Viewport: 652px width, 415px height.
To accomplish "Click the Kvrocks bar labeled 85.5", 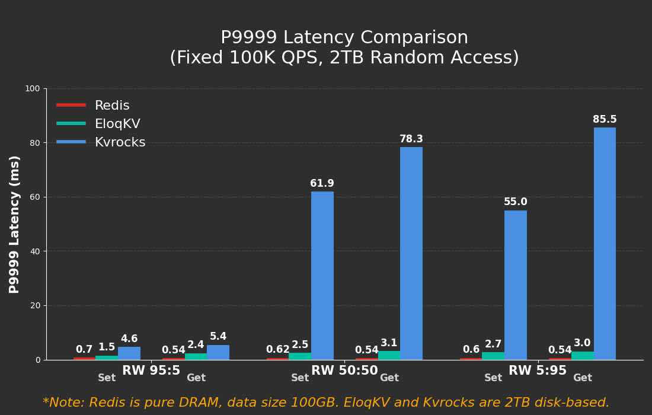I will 605,243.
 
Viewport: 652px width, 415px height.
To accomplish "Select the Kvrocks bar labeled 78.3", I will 411,253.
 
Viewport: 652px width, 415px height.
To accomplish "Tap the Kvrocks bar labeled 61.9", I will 322,276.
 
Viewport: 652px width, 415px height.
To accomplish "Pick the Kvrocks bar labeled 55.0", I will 516,285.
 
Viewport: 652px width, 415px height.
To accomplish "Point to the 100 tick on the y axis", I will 33,89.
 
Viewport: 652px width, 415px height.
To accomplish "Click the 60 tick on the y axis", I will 35,197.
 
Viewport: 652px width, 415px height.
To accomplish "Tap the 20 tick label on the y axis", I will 35,306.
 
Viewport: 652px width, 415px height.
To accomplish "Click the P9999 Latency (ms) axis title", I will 15,224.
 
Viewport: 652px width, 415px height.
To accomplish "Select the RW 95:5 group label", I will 151,371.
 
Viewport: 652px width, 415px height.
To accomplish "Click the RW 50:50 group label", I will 344,371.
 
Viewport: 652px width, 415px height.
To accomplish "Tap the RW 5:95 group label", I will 538,371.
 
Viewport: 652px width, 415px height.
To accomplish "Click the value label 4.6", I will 129,339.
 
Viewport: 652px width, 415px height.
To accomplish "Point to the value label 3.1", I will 389,343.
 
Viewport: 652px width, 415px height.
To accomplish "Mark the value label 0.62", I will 277,350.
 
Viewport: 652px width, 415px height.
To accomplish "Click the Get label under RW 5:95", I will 582,378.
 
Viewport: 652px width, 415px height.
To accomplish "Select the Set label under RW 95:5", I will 107,378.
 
